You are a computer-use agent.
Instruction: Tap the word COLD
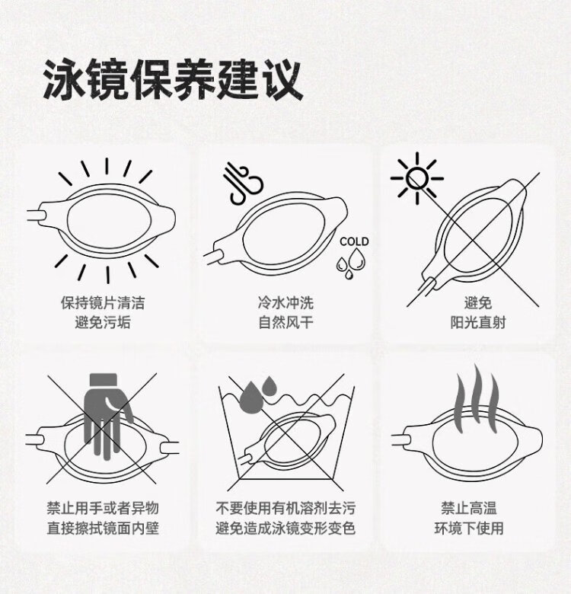click(354, 241)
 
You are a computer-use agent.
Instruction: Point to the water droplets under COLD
click(351, 263)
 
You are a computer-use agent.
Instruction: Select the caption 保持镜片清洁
click(103, 302)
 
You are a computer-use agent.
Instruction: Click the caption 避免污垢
click(103, 322)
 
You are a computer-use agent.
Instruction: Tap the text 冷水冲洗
click(285, 302)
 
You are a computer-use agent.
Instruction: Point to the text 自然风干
click(285, 322)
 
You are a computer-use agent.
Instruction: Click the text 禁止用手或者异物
click(103, 508)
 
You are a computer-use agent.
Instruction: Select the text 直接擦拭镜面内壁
click(103, 528)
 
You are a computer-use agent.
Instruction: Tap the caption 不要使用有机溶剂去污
click(285, 508)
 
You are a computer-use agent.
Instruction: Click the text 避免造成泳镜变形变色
click(285, 528)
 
